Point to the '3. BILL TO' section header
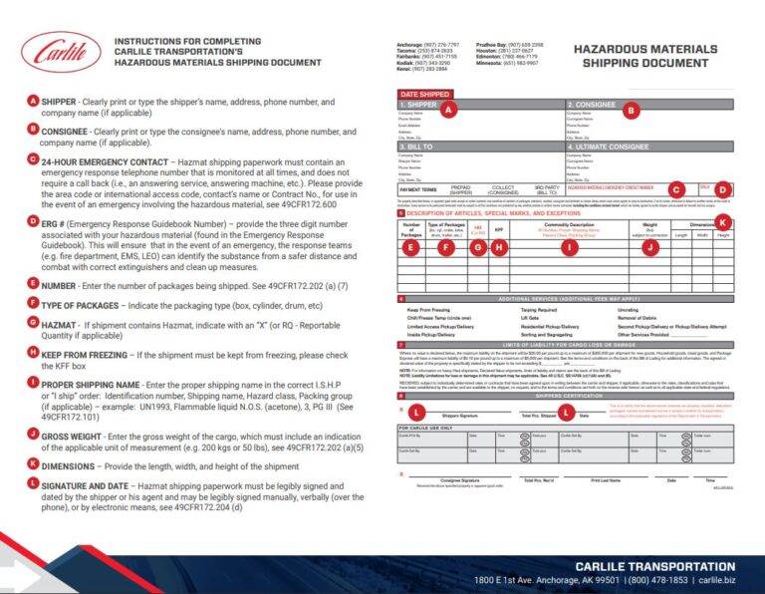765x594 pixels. pos(417,146)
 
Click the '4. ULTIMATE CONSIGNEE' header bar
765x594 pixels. pos(611,146)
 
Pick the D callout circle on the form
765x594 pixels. pos(722,188)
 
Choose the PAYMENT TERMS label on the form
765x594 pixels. pos(418,187)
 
